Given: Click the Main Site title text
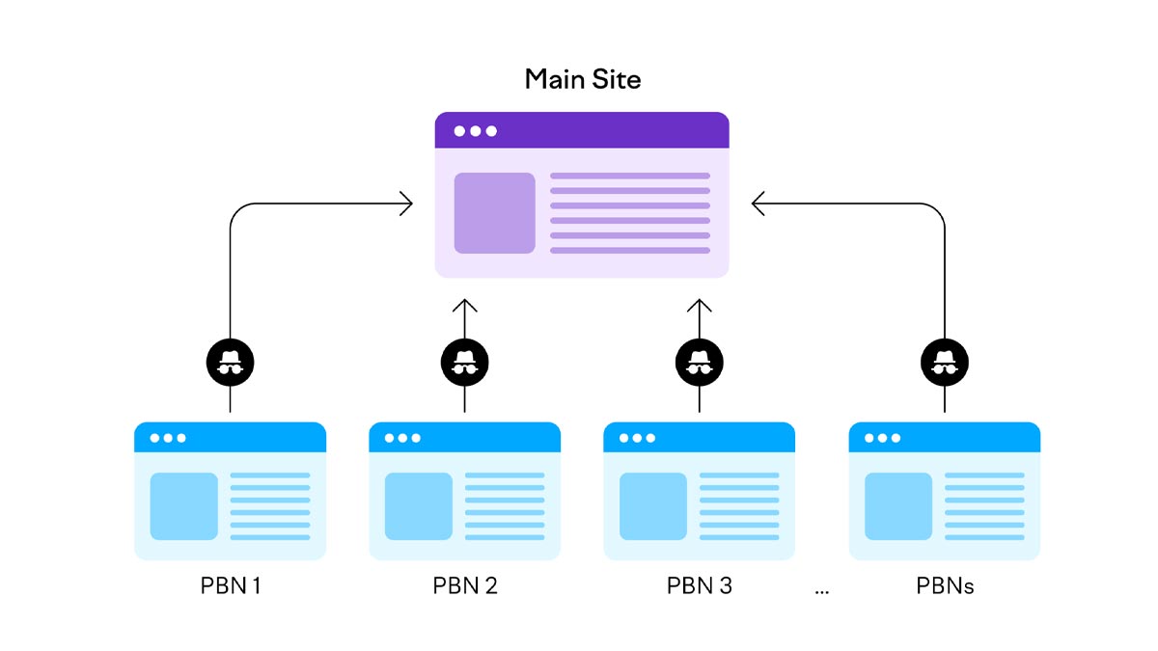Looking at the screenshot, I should (x=582, y=79).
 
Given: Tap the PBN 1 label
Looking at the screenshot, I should (x=230, y=585).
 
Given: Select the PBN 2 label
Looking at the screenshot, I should (x=464, y=585).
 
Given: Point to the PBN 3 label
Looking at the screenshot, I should (x=699, y=585).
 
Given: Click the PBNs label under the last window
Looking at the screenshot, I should (x=944, y=585).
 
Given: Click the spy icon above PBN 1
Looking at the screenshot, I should (x=230, y=363).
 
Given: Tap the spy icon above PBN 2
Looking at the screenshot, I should (x=464, y=363).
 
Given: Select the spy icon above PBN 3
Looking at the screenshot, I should (x=699, y=363).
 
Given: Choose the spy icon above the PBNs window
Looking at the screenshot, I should (x=944, y=363).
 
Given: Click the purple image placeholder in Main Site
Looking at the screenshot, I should (x=494, y=213).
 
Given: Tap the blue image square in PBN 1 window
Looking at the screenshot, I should (x=183, y=506).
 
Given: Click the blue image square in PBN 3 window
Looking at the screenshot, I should (x=652, y=506).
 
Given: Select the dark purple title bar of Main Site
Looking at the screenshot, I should (x=582, y=130).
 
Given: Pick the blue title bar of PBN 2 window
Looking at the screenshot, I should (x=464, y=437).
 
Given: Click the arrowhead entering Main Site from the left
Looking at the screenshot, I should (x=406, y=203).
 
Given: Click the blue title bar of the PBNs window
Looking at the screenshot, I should (x=944, y=437).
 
